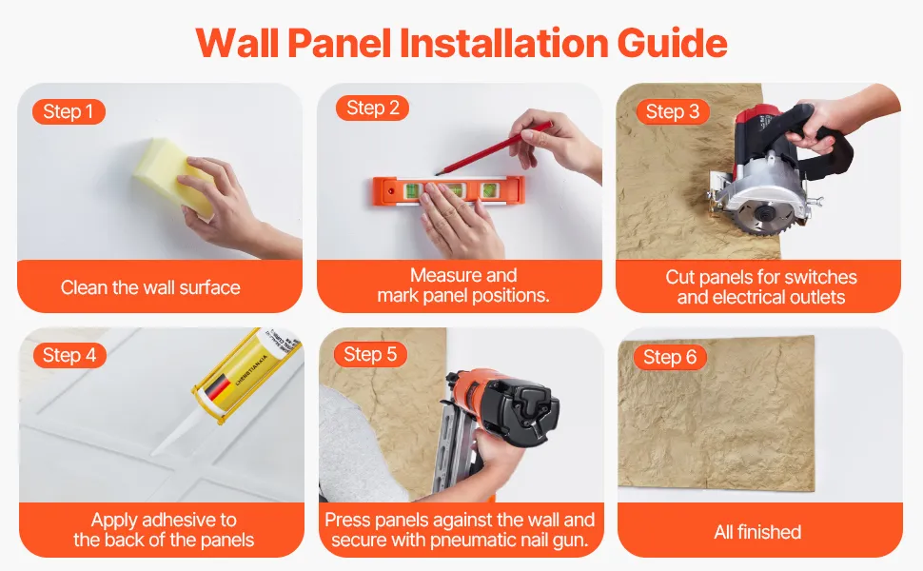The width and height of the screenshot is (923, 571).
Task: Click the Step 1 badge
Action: (x=69, y=111)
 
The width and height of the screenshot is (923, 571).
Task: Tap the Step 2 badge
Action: (x=373, y=108)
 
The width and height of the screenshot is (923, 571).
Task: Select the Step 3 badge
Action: (x=673, y=111)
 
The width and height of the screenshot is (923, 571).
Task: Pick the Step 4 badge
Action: (x=69, y=355)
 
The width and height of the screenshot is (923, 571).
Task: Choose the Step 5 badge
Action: (x=370, y=354)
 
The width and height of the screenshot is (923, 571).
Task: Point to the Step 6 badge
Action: (x=670, y=357)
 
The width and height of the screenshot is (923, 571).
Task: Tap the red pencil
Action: (x=493, y=148)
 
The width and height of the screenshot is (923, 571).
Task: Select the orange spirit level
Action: (x=448, y=190)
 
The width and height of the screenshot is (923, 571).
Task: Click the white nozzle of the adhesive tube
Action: (x=173, y=433)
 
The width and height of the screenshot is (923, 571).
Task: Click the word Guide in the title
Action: (x=672, y=44)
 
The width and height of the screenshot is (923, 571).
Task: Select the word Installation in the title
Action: (x=504, y=43)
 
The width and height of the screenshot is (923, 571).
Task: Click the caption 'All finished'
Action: (x=757, y=532)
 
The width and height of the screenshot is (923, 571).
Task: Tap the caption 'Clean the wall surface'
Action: (x=150, y=287)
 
